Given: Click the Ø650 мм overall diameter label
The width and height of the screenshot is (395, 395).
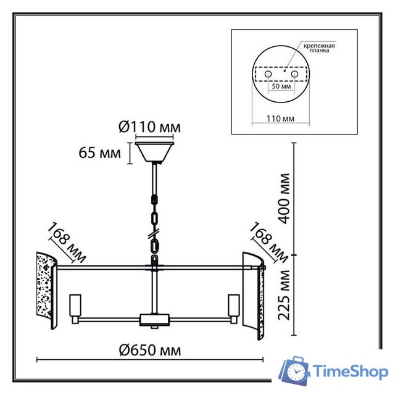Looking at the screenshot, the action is point(150,350).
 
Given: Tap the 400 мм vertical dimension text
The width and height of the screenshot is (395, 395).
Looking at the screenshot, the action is point(285,199).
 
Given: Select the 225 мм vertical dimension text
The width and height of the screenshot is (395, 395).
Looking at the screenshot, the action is point(284,295).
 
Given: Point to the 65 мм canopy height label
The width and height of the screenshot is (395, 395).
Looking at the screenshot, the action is point(100,152).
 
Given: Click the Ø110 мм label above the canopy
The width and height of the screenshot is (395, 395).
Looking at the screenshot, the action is point(149,127).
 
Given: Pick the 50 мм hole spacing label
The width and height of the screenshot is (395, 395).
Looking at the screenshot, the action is point(281,86).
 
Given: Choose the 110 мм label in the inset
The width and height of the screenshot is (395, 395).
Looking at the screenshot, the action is point(281,118).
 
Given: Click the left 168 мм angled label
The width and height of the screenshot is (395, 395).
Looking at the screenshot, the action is point(67,243).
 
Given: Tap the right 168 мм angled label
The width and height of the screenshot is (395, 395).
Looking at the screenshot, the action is point(269,243).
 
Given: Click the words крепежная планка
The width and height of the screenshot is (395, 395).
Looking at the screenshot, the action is point(319,48).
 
